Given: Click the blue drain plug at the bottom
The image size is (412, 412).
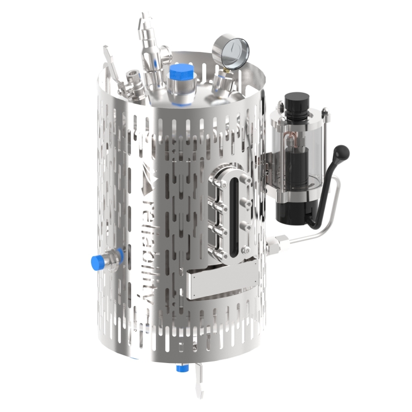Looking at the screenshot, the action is pyautogui.click(x=182, y=368).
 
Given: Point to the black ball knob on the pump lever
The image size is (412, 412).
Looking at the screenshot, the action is pyautogui.click(x=341, y=152).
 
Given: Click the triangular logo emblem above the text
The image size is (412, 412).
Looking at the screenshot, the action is pyautogui.click(x=149, y=181).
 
